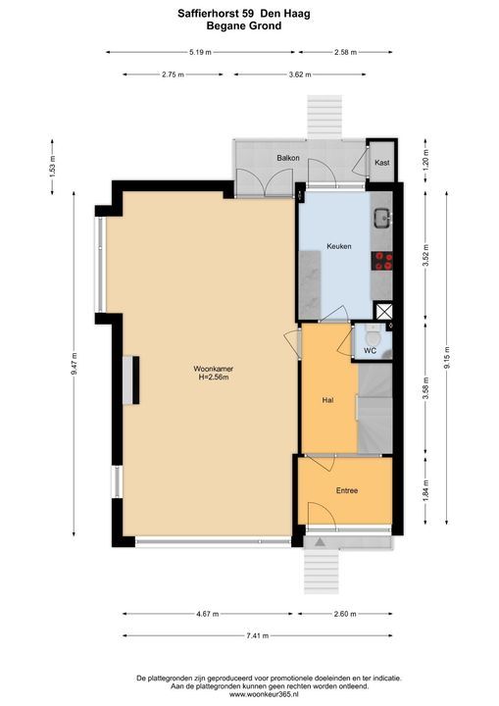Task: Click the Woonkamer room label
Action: pyautogui.click(x=214, y=369)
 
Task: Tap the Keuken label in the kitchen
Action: pyautogui.click(x=338, y=246)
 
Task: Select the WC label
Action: pyautogui.click(x=371, y=351)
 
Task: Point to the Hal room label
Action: pyautogui.click(x=327, y=400)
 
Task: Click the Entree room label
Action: pyautogui.click(x=347, y=490)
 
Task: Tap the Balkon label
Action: pyautogui.click(x=288, y=158)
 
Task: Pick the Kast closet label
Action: pyautogui.click(x=382, y=163)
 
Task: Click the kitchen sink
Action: pyautogui.click(x=382, y=219)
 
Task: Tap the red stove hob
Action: pyautogui.click(x=382, y=261)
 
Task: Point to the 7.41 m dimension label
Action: pyautogui.click(x=258, y=635)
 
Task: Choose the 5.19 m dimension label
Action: pyautogui.click(x=200, y=52)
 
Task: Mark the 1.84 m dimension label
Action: pyautogui.click(x=425, y=490)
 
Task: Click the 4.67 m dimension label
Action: pyautogui.click(x=208, y=614)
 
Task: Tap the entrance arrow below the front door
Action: pyautogui.click(x=320, y=541)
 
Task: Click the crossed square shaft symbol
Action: pyautogui.click(x=384, y=312)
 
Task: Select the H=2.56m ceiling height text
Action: pyautogui.click(x=214, y=377)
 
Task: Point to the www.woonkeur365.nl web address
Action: pyautogui.click(x=269, y=695)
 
